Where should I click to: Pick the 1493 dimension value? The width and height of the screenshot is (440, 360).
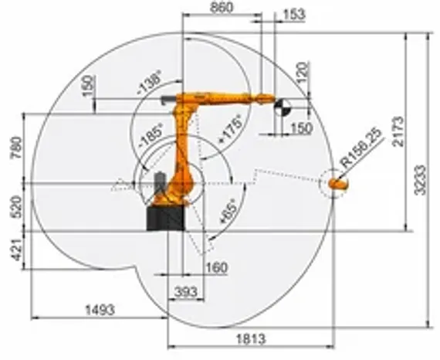pyautogui.click(x=100, y=310)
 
